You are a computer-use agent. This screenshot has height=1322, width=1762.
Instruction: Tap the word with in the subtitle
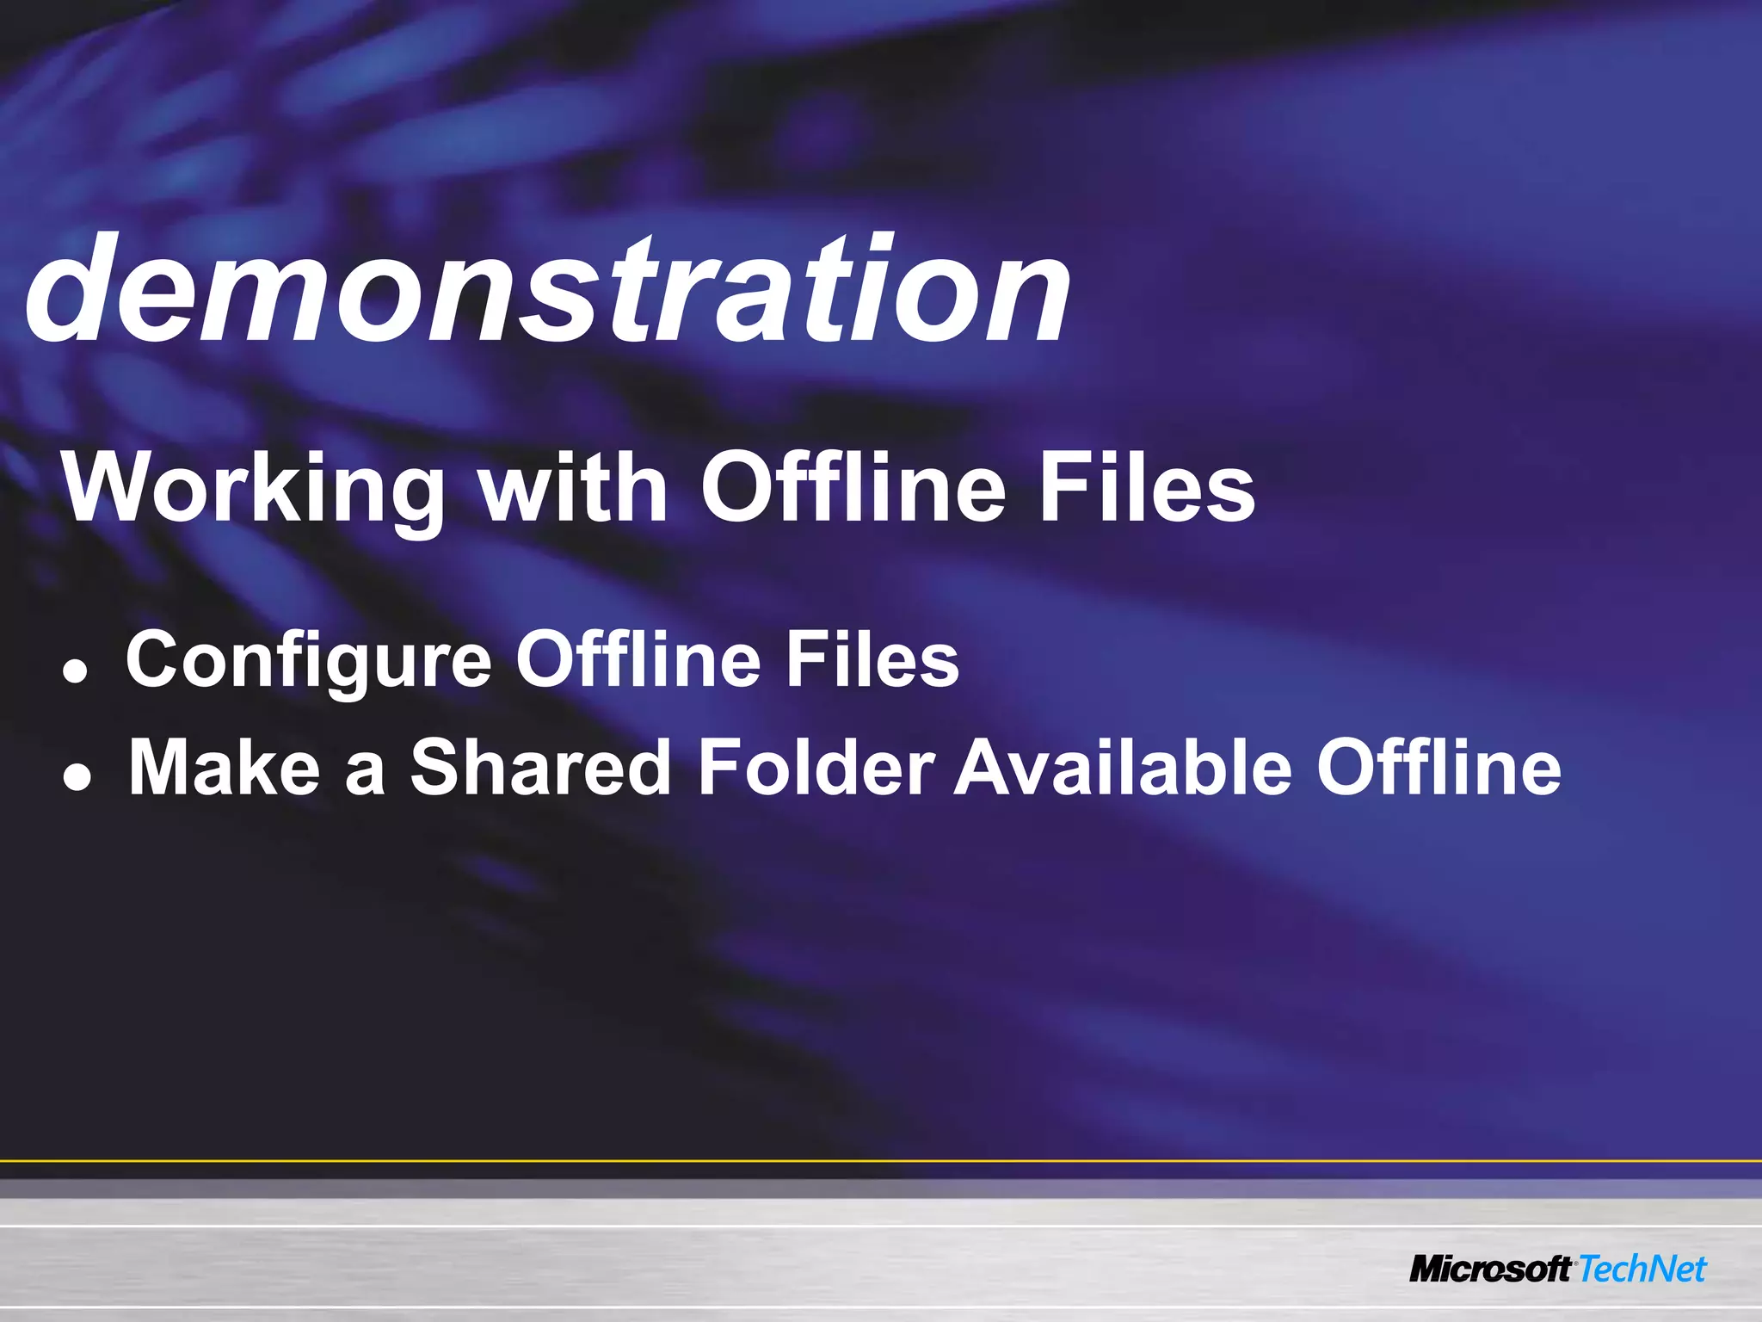point(573,487)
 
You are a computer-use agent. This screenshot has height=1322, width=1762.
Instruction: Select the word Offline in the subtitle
point(853,487)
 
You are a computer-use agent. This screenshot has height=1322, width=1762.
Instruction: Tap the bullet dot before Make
point(77,780)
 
